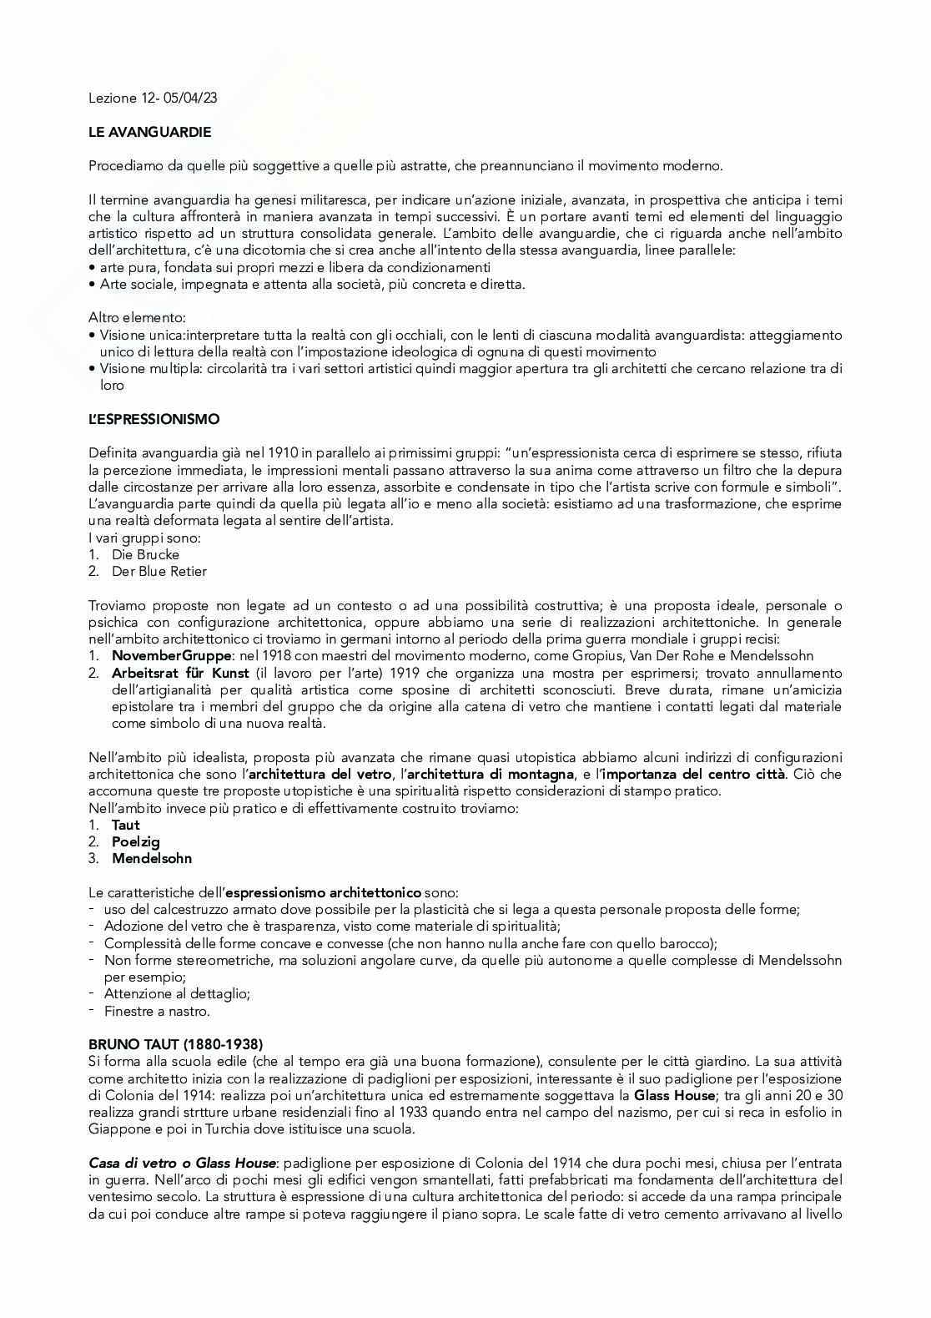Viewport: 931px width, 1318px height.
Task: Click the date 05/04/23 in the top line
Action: pyautogui.click(x=193, y=98)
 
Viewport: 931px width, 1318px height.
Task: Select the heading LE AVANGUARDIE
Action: pyautogui.click(x=150, y=132)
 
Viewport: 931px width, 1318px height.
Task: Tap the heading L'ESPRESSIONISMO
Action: pyautogui.click(x=154, y=419)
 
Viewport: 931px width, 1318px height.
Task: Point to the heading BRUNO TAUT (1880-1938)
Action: pyautogui.click(x=175, y=1044)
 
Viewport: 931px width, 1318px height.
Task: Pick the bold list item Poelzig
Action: pyautogui.click(x=136, y=841)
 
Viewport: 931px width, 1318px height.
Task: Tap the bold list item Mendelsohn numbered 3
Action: pyautogui.click(x=152, y=858)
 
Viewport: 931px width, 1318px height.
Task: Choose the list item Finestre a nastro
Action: pyautogui.click(x=157, y=1011)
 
